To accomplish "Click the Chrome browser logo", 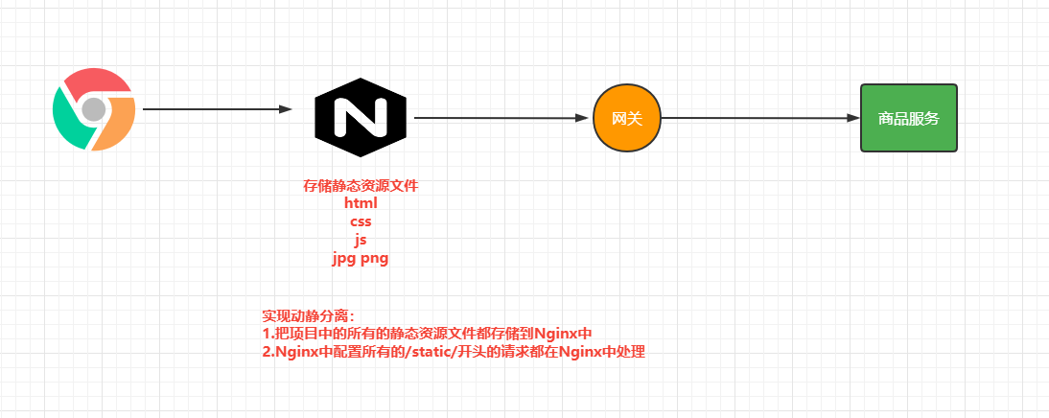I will [x=93, y=109].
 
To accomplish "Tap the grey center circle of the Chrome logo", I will [x=93, y=109].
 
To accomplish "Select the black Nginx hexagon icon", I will [x=361, y=117].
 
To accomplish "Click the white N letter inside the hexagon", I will [x=361, y=117].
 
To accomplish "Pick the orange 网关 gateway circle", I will [x=627, y=118].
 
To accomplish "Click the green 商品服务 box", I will [x=909, y=118].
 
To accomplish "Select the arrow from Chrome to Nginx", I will [x=216, y=109].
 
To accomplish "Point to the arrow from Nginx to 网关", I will [x=500, y=118].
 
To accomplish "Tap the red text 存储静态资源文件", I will [x=361, y=186].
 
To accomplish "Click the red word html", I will [x=361, y=203].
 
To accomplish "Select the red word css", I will [x=361, y=221].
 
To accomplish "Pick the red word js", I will [x=361, y=240].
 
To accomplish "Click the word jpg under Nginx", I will [x=344, y=259].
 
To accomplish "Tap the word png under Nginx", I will [x=375, y=259].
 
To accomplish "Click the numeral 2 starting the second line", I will [x=266, y=352].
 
